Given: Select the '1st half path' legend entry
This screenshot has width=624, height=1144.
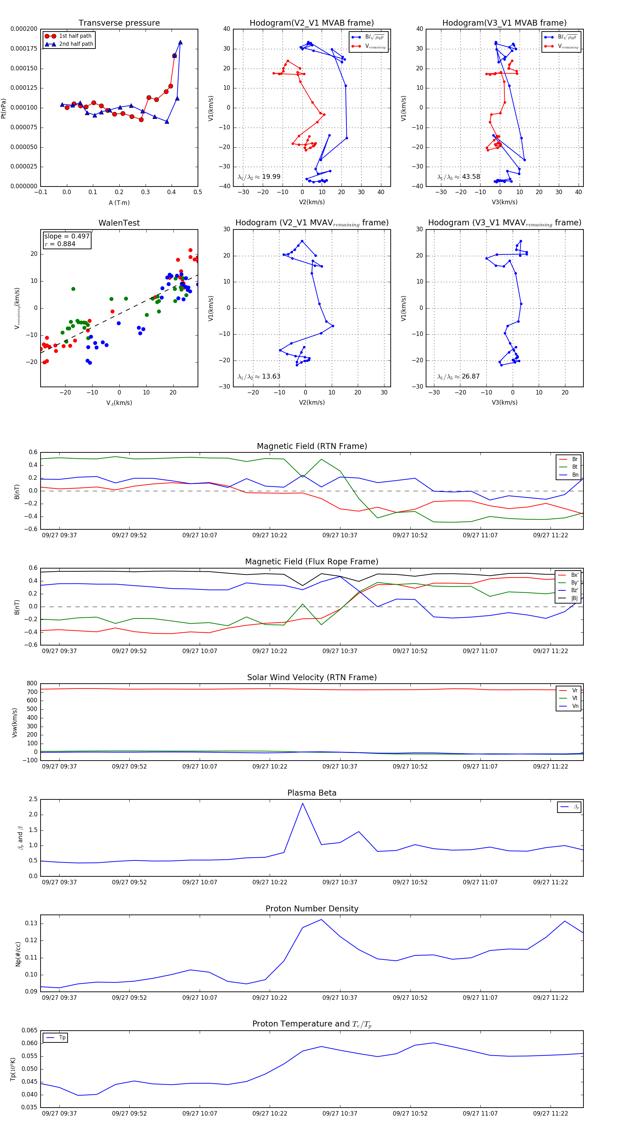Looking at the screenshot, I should [x=75, y=36].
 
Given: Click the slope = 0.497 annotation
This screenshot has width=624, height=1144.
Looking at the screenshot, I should [x=67, y=236].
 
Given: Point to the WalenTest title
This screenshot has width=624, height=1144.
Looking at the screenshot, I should [x=119, y=223].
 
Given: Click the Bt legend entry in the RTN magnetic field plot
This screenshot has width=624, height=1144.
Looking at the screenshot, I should [x=574, y=467].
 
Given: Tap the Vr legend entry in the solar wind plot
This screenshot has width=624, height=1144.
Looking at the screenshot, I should [x=575, y=691].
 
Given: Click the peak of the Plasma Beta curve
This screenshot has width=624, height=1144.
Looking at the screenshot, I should [x=302, y=803].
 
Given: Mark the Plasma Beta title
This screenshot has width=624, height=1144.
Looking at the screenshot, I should [x=312, y=793].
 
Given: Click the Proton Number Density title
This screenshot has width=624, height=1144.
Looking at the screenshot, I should [x=312, y=909].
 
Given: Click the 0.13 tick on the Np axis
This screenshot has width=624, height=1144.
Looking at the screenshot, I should [x=31, y=923].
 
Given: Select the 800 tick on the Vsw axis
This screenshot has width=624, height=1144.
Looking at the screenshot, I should [x=32, y=684].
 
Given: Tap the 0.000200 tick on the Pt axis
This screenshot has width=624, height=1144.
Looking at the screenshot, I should [x=24, y=29].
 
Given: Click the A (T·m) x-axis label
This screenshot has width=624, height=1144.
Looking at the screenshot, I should [x=119, y=203].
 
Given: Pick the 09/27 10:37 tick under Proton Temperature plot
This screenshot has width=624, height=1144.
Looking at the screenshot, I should [x=340, y=1113].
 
